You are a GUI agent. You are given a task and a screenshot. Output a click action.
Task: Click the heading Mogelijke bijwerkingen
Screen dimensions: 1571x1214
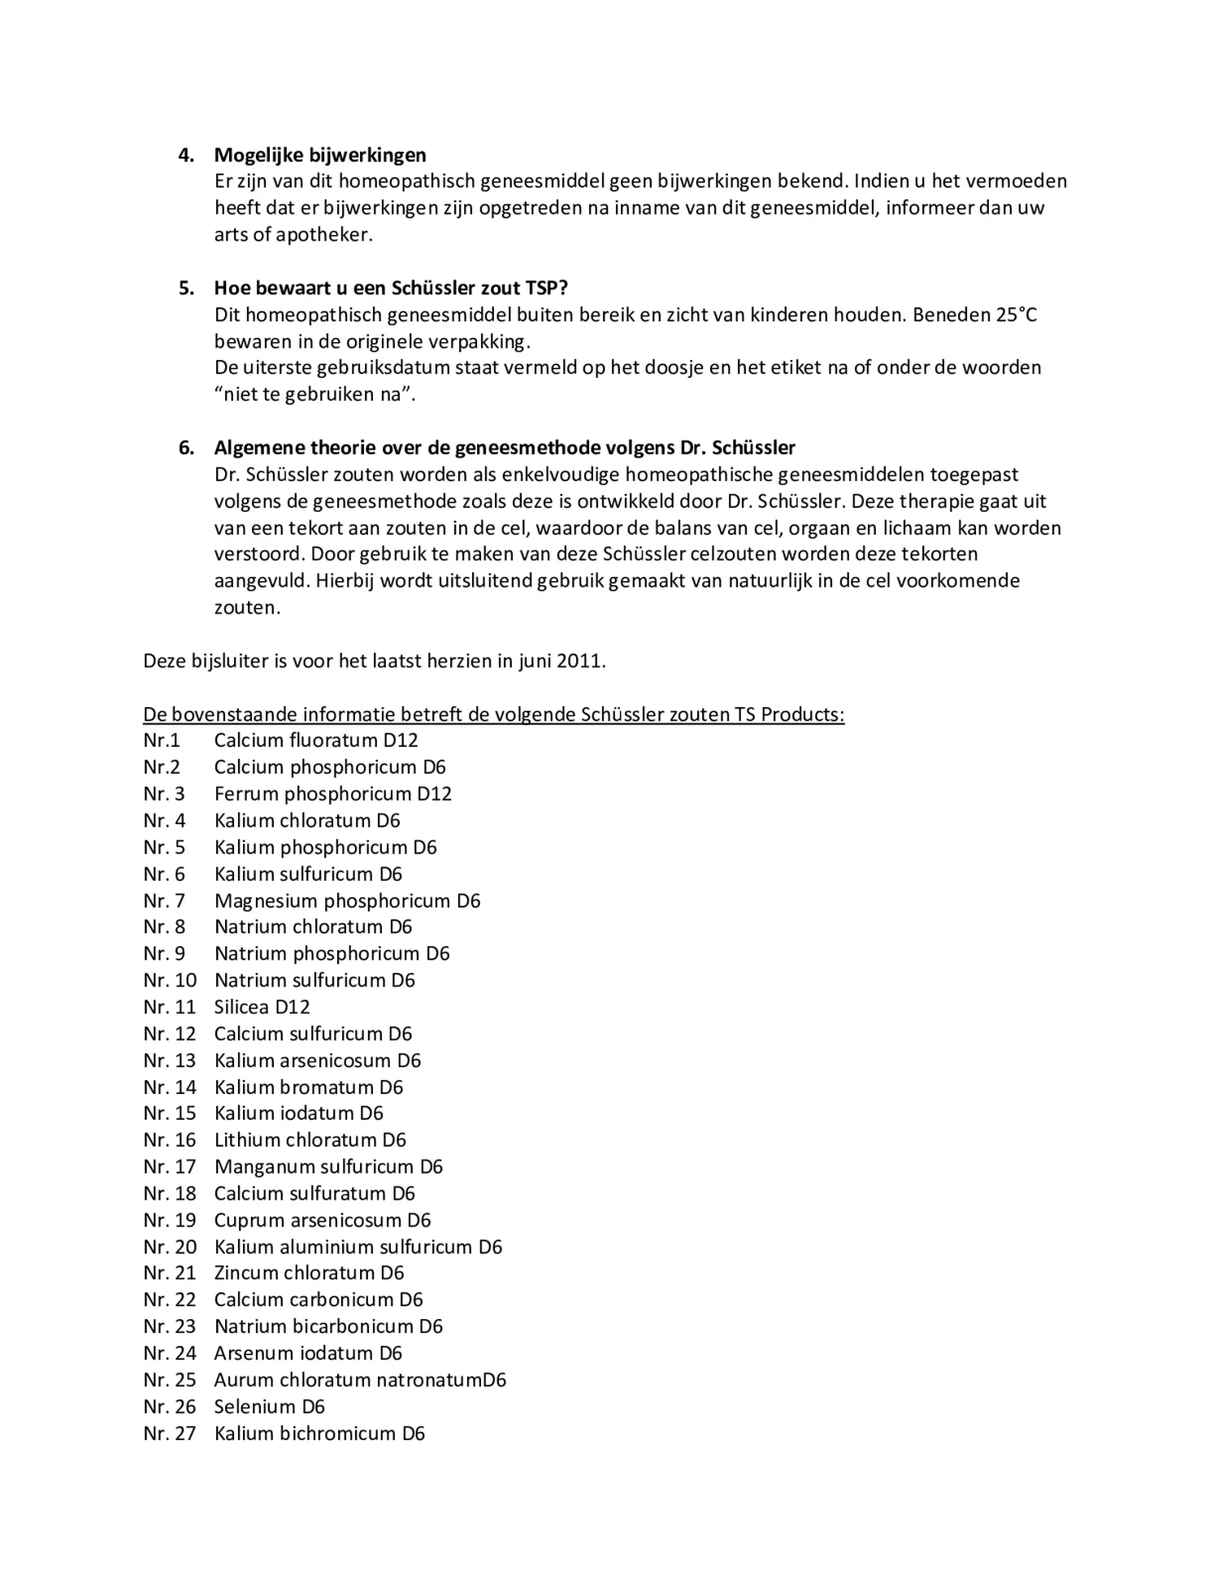coord(319,155)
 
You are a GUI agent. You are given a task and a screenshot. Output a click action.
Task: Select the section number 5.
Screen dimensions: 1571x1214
coord(186,289)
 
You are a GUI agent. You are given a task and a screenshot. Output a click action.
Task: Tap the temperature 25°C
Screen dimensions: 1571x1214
coord(1016,315)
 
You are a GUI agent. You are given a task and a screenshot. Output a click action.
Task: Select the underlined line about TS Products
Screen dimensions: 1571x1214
coord(493,715)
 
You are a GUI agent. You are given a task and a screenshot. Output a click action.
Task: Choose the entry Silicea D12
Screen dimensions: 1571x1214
coord(262,1008)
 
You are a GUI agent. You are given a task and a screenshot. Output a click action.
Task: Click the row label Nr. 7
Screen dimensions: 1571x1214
coord(164,901)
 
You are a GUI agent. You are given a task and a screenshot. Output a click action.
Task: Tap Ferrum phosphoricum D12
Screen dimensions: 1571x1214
coord(332,794)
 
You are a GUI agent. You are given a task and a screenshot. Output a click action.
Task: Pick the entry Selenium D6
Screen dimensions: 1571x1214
coord(269,1407)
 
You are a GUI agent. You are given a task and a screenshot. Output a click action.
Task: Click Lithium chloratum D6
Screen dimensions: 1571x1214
coord(310,1140)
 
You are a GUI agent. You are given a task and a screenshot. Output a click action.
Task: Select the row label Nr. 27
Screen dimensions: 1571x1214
coord(169,1434)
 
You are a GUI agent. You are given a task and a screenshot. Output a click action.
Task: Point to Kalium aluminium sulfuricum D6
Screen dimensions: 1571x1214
coord(358,1248)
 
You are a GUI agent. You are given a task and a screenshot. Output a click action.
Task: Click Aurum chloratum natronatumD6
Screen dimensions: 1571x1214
coord(359,1380)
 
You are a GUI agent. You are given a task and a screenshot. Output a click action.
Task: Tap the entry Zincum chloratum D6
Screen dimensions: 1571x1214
coord(309,1274)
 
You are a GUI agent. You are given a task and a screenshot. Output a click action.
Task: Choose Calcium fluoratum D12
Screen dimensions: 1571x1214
coord(315,741)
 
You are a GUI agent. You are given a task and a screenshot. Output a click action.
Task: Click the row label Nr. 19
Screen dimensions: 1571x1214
coord(169,1221)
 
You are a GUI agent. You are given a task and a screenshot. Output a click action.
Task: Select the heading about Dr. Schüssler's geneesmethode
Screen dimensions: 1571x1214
coord(504,448)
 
